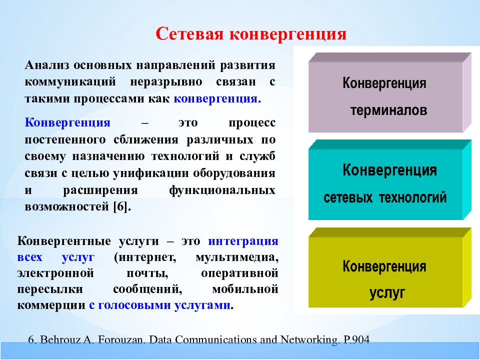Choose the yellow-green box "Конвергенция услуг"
pyautogui.click(x=389, y=267)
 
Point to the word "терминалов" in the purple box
pyautogui.click(x=389, y=110)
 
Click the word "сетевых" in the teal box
pyautogui.click(x=348, y=197)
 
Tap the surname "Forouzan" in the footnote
pyautogui.click(x=119, y=340)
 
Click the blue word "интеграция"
pyautogui.click(x=243, y=241)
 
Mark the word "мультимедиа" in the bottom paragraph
pyautogui.click(x=237, y=257)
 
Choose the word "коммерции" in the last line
pyautogui.click(x=51, y=305)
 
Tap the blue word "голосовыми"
pyautogui.click(x=134, y=305)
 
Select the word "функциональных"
pyautogui.click(x=222, y=190)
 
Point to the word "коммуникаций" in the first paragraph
pyautogui.click(x=70, y=81)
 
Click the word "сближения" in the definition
pyautogui.click(x=145, y=139)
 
